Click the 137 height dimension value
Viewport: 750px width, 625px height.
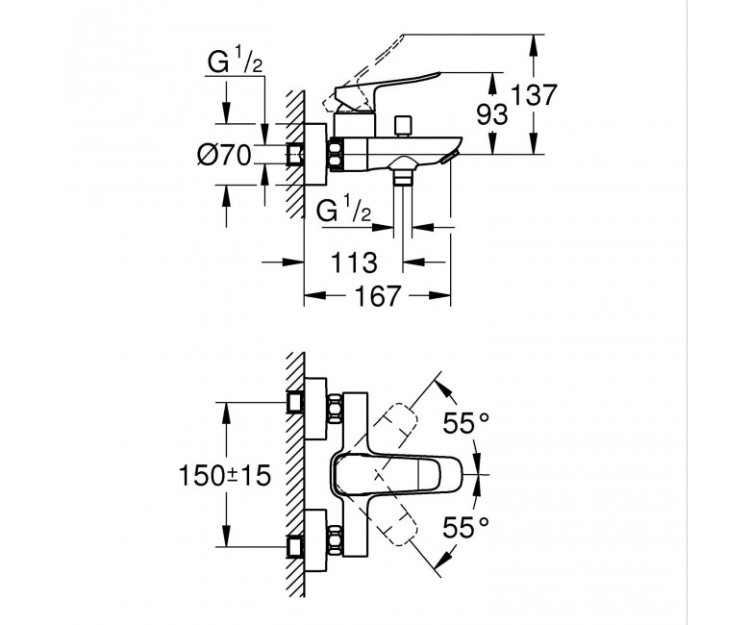pos(535,94)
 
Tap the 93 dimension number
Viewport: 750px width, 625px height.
pos(492,115)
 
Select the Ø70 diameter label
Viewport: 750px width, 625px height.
pos(224,155)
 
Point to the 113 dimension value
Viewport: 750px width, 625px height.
pos(354,262)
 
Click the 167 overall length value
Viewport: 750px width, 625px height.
pos(377,296)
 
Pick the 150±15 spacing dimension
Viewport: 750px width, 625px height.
pos(224,475)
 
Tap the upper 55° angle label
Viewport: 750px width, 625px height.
pos(466,423)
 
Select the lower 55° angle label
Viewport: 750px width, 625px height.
pos(466,528)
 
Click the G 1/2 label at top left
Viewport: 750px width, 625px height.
pos(236,62)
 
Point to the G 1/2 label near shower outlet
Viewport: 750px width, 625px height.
pos(344,211)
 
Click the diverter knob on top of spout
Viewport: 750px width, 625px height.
pos(403,125)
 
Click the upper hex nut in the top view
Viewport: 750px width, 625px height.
pos(335,408)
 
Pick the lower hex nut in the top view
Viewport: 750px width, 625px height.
pos(335,540)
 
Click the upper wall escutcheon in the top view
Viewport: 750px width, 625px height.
pos(315,409)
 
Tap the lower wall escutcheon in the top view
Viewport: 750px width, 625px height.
pos(315,540)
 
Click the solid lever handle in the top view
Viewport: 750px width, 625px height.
pos(397,475)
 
